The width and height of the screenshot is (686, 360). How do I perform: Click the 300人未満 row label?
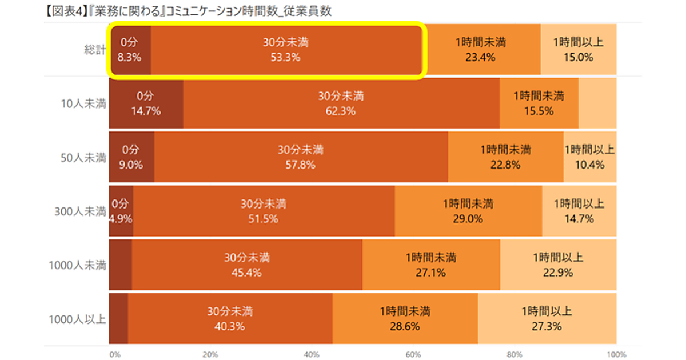80,211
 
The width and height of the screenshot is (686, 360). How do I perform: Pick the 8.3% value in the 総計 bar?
129,57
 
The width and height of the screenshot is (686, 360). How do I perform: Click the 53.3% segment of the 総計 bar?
286,49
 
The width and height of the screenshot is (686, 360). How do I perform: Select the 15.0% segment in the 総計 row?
578,49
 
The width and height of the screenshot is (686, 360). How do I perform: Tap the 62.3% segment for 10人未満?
341,103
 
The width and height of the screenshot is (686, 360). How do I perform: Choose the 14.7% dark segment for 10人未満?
146,103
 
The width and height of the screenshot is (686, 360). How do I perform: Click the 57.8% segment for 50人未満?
301,157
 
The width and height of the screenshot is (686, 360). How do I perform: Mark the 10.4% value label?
589,165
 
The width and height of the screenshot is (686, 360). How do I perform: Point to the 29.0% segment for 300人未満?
468,211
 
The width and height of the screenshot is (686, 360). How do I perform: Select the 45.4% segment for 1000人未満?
247,265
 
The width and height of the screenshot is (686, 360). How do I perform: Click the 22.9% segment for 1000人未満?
558,265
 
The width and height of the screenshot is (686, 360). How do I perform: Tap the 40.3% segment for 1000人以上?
230,319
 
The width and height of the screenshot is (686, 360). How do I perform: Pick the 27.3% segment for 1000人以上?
547,319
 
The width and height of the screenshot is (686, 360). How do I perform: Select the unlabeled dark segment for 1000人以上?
118,319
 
